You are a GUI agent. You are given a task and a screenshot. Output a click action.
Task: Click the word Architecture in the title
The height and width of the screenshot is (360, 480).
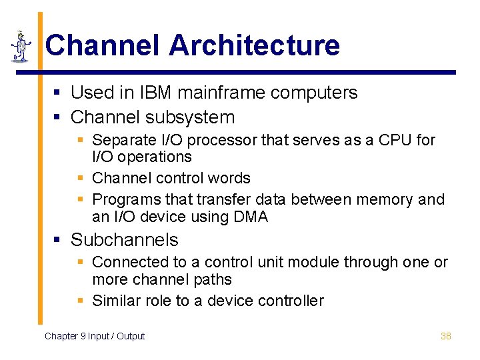254,45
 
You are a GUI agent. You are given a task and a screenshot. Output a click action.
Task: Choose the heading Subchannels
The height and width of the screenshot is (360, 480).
125,240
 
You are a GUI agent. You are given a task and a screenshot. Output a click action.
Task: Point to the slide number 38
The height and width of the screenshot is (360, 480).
446,336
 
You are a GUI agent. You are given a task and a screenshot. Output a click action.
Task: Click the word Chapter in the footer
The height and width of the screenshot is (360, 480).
61,336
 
